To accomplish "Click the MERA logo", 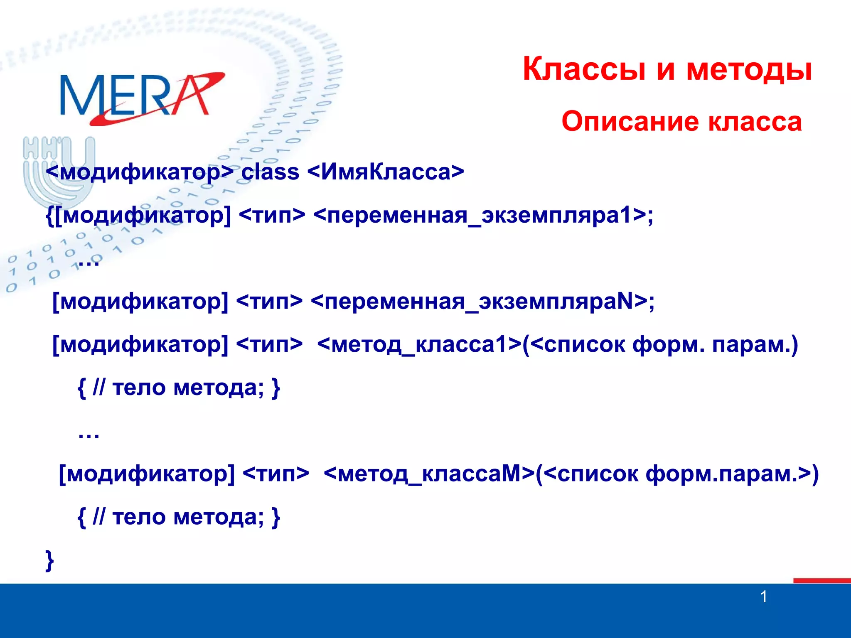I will [x=141, y=98].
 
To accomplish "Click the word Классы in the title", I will [x=584, y=69].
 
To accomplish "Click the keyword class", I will [x=270, y=172].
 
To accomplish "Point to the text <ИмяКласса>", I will [x=386, y=172].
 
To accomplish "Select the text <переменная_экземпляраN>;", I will [x=482, y=302].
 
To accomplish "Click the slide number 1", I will [x=763, y=597].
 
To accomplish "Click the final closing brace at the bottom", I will [x=49, y=561].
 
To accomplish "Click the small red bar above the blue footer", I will [x=821, y=580].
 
